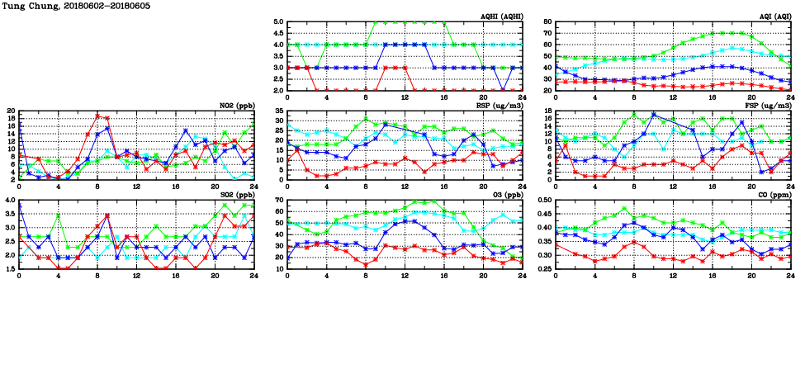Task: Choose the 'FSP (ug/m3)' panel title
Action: (770, 106)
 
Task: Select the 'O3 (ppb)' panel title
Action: (508, 195)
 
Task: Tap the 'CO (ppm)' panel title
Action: (775, 195)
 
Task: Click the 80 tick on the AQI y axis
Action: (547, 22)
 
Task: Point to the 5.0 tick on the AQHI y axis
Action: (277, 22)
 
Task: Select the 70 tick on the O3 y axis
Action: (279, 200)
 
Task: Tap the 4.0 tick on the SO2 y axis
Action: (10, 200)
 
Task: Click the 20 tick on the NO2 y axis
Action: (11, 111)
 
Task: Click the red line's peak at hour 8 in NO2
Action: (97, 116)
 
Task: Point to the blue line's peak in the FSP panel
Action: (653, 115)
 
